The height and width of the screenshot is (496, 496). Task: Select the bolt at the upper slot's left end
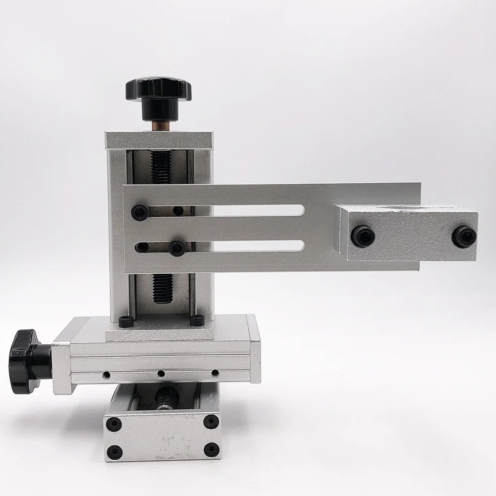coord(140,212)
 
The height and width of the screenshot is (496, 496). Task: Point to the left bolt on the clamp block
coord(363,236)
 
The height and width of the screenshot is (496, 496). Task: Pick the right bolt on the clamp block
coord(464,236)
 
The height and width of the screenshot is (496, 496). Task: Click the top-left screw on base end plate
coord(114,423)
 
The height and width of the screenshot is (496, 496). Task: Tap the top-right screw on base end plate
coord(211,422)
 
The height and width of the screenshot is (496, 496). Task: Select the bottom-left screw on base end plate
coord(114,451)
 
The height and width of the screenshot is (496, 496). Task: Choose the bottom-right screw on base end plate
coord(211,449)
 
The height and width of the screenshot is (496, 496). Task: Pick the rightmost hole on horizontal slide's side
coord(215,372)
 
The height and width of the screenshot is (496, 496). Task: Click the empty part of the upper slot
coord(248,210)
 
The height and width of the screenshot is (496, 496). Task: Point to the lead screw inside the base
coord(165,397)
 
